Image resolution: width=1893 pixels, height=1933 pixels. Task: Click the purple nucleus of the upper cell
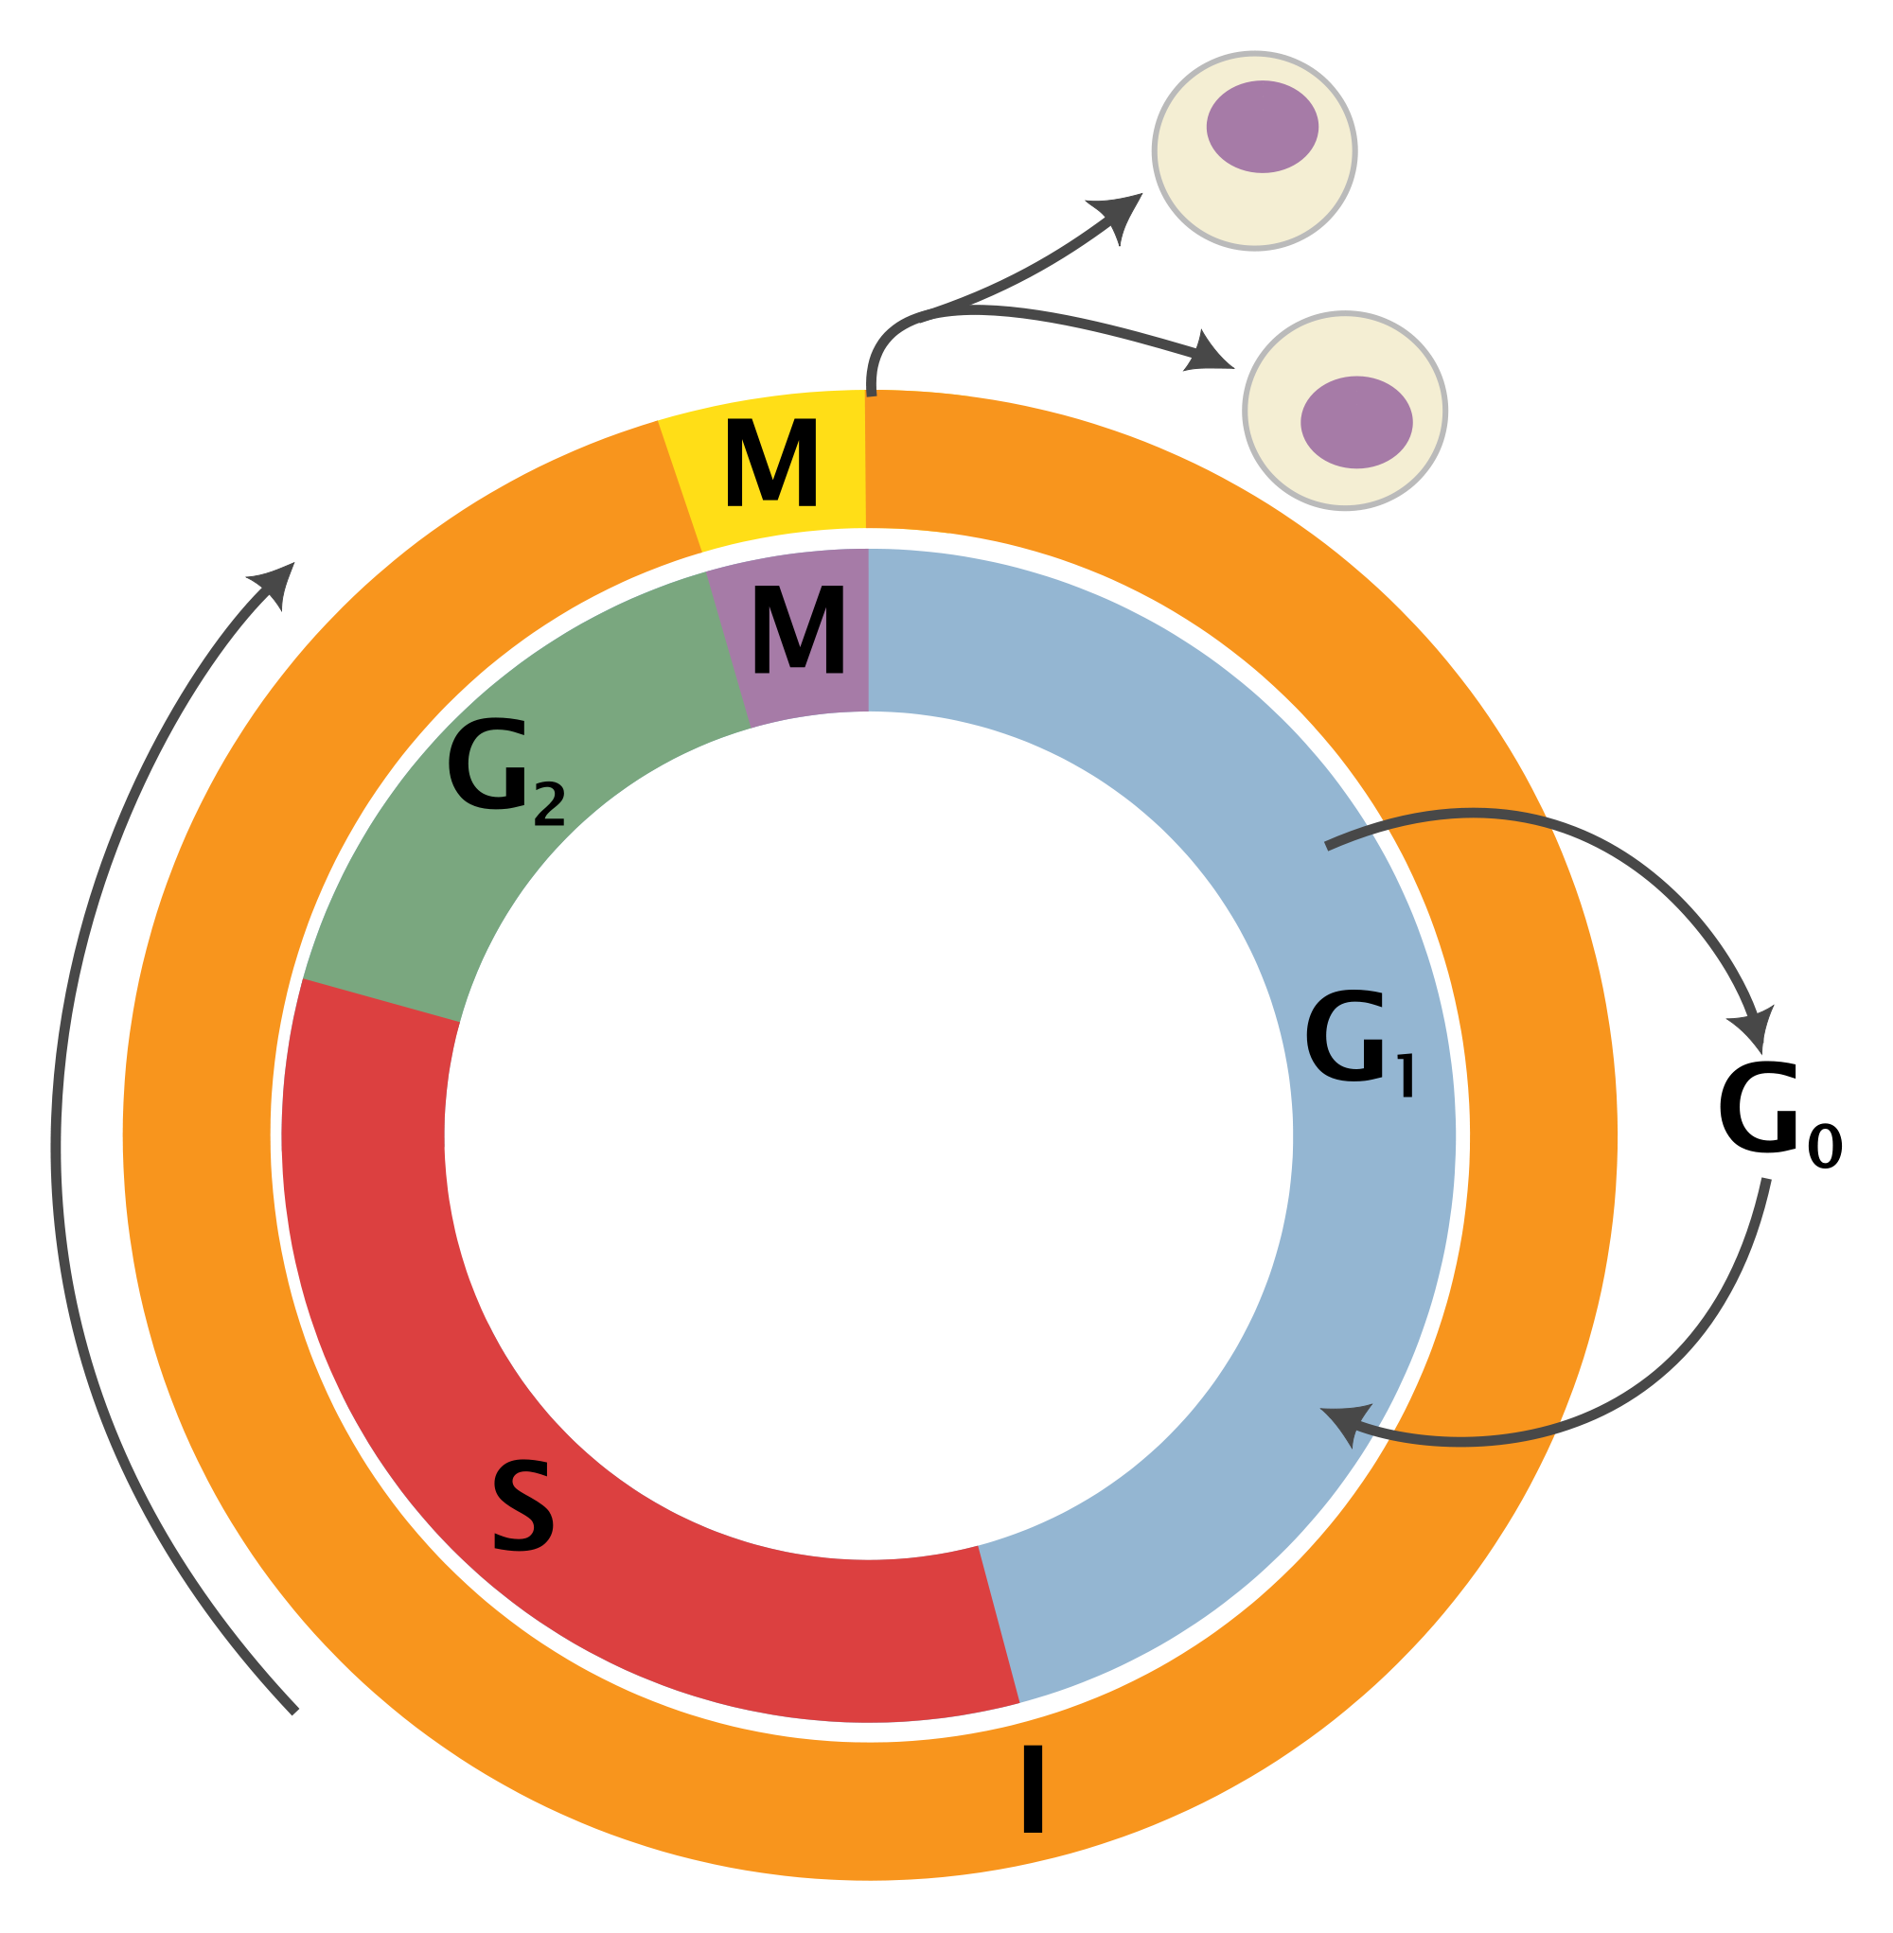tap(1262, 126)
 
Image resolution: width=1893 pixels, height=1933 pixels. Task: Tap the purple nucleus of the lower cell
tap(1356, 421)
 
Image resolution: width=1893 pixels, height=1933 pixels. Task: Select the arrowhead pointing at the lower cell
tap(1210, 354)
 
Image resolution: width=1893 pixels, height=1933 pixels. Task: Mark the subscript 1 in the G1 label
tap(1406, 1078)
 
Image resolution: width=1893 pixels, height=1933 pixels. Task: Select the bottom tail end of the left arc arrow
tap(294, 1711)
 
